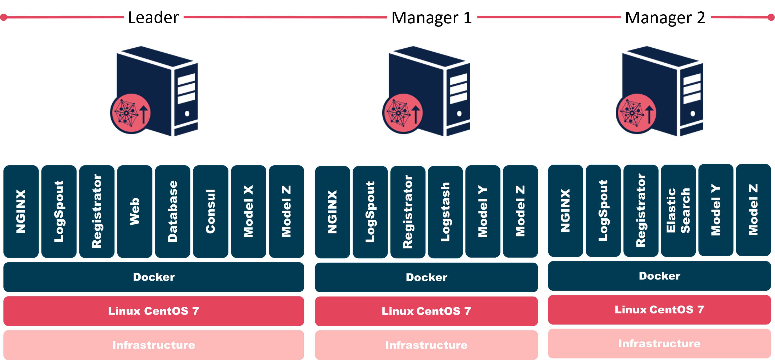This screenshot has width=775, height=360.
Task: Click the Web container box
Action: tap(134, 211)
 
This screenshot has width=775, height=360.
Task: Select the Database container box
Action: tap(172, 211)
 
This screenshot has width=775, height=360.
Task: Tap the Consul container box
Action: tap(210, 211)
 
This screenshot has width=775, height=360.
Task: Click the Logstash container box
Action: tap(445, 212)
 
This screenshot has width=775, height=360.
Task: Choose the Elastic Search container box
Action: tap(678, 211)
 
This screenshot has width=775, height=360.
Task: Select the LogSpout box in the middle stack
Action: tap(370, 212)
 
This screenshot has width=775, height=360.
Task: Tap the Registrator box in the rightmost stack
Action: tap(641, 211)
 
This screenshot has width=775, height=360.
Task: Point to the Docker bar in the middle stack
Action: tap(426, 277)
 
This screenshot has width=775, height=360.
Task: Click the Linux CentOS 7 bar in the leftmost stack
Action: tap(153, 311)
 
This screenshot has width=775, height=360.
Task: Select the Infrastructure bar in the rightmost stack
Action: tap(659, 343)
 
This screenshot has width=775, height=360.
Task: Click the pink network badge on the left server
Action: tap(131, 114)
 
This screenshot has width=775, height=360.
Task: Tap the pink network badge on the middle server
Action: tap(403, 114)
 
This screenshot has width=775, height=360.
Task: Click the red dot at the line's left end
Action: tap(3, 17)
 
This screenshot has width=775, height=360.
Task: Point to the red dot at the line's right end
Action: tap(771, 17)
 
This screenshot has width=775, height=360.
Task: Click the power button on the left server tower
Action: tap(187, 114)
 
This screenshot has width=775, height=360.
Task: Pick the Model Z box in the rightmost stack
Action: tap(753, 210)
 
